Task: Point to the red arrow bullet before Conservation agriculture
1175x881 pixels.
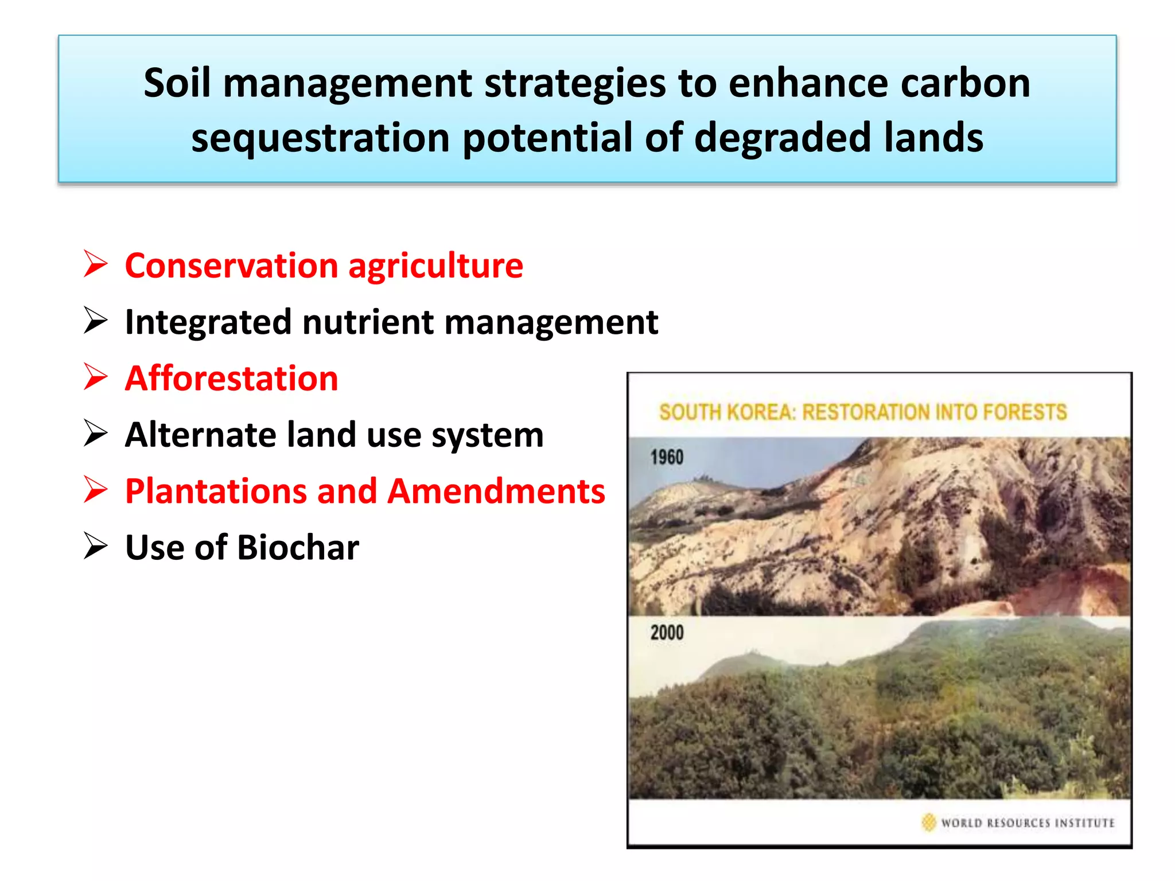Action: [95, 264]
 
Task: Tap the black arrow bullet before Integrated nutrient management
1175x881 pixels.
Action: [95, 320]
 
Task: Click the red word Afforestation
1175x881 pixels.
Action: [231, 379]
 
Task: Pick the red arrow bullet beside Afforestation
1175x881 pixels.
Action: [95, 377]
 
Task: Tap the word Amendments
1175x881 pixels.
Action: [496, 492]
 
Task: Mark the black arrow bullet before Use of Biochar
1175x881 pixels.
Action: [95, 545]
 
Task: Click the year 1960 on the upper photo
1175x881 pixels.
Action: [667, 458]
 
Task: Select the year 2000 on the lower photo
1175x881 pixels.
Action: [667, 633]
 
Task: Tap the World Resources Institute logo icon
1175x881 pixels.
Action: [928, 822]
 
